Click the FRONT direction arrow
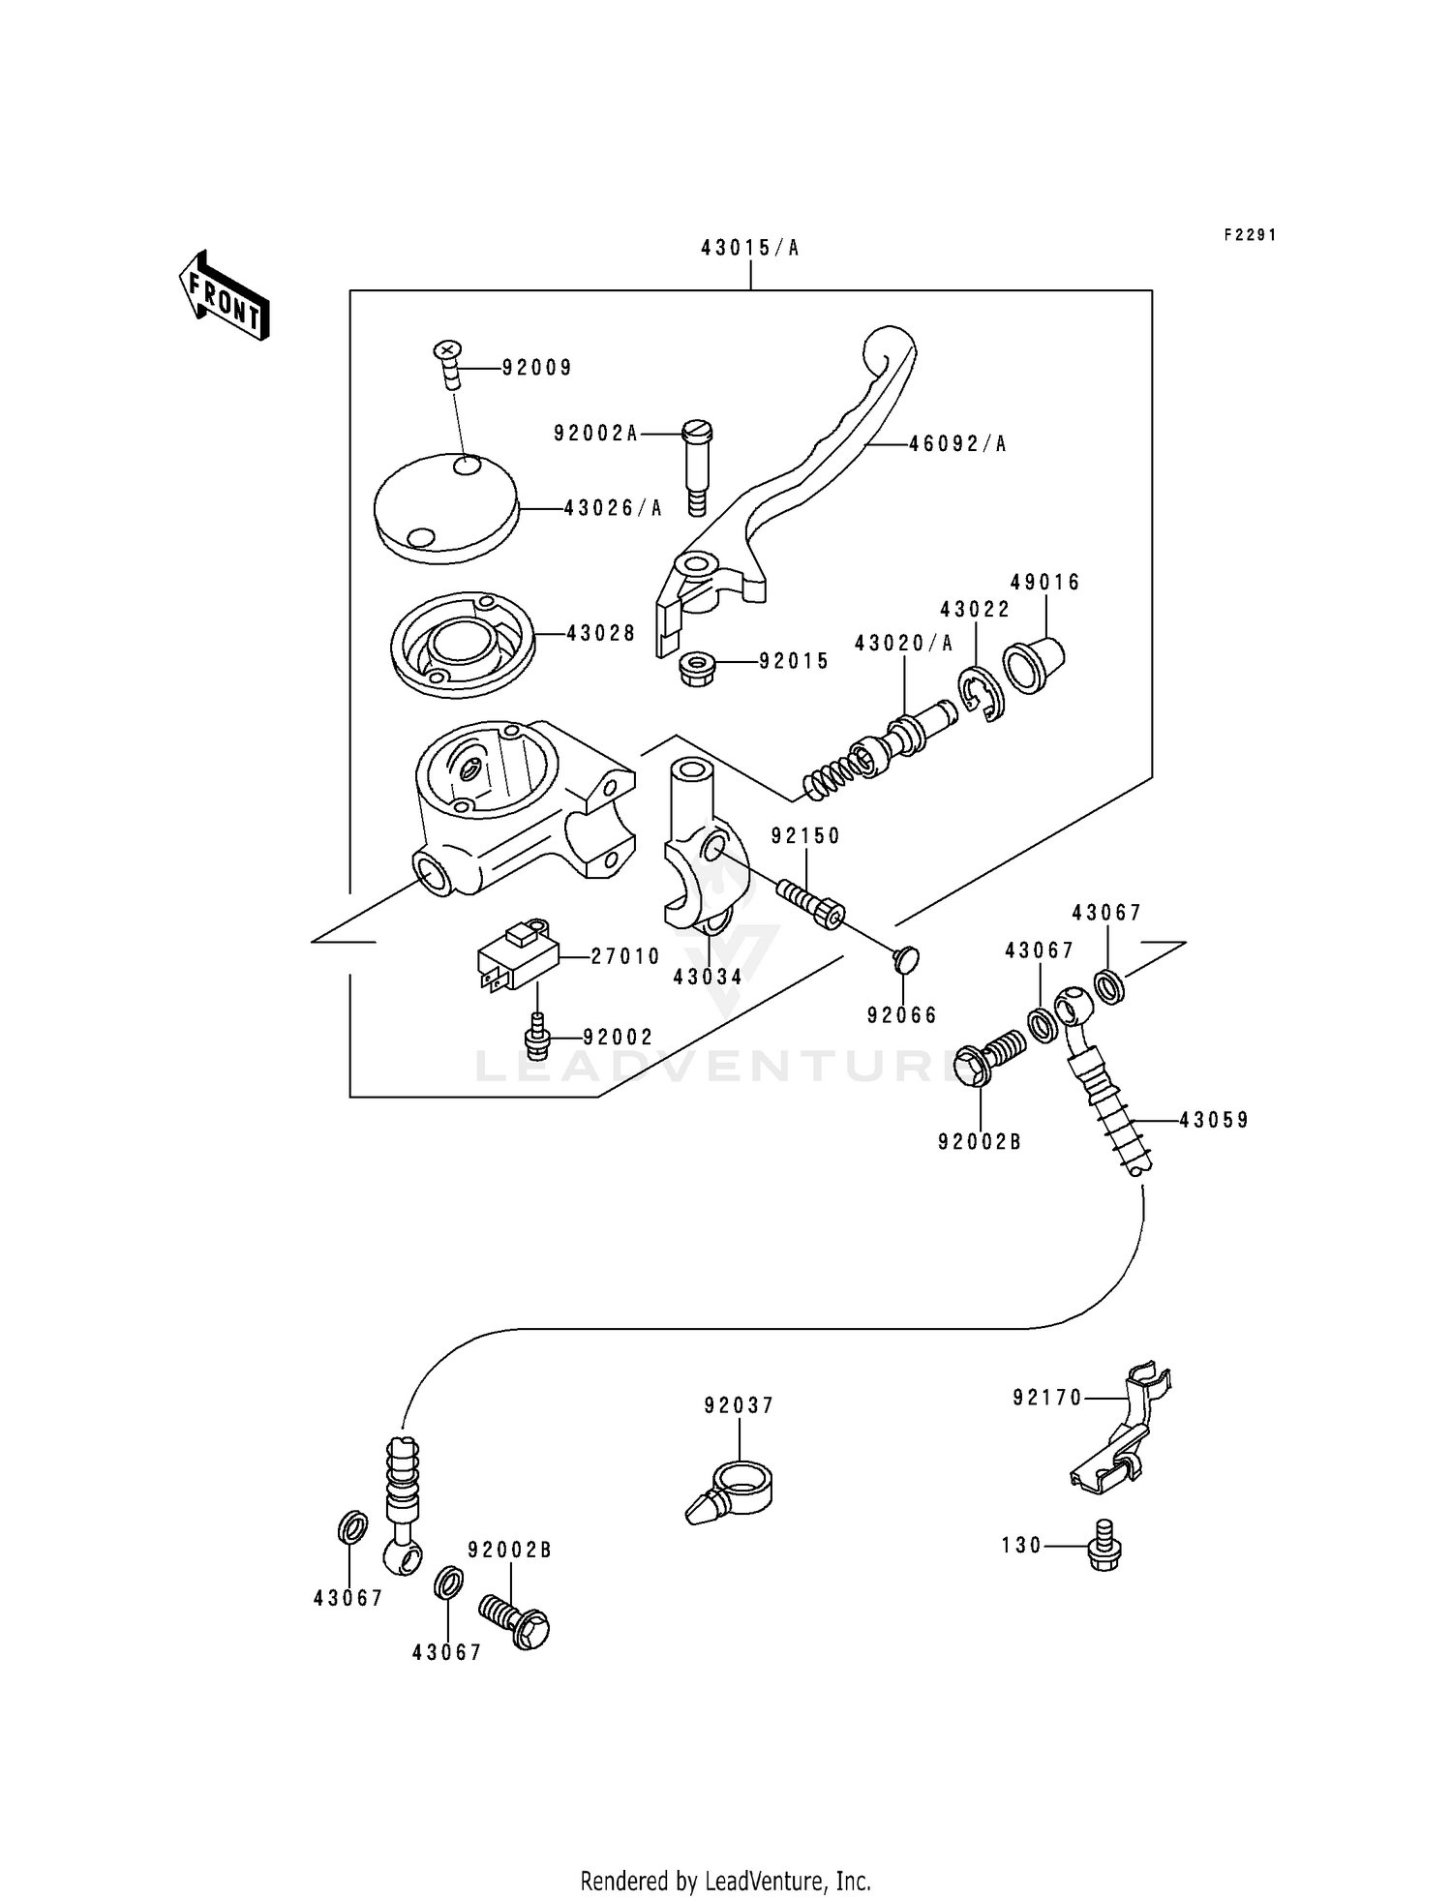[224, 295]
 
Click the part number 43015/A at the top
[750, 249]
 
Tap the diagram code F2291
[1250, 235]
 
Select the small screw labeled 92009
[448, 363]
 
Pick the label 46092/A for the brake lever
[957, 444]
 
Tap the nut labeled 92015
[698, 668]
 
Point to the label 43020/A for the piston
[903, 644]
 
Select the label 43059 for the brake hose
[1214, 1121]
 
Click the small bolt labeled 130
[1103, 1545]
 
